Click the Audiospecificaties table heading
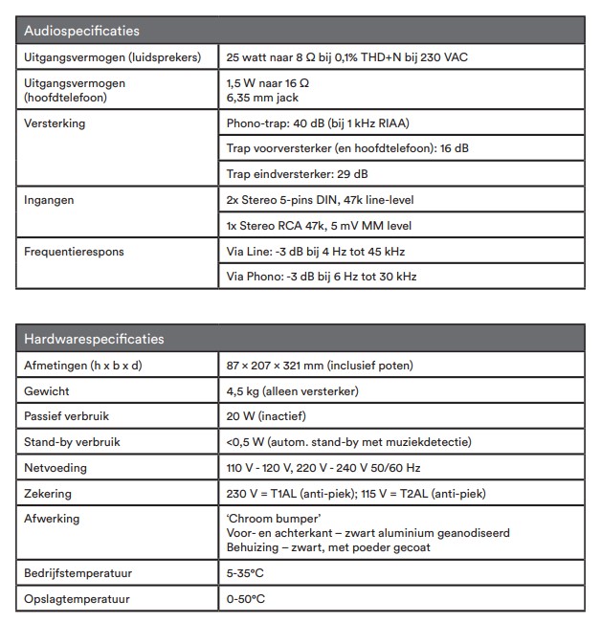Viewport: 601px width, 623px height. coord(81,32)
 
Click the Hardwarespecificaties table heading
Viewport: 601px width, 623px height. coord(94,339)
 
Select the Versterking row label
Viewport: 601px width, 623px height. coord(55,123)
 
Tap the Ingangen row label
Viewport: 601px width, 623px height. coord(49,200)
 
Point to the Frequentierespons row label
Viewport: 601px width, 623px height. coord(75,252)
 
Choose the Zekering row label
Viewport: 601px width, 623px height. coord(48,494)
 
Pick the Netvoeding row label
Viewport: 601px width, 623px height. coord(56,468)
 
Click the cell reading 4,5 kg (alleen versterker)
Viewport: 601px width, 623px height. coord(293,390)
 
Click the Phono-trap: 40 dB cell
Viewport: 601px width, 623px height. coord(319,123)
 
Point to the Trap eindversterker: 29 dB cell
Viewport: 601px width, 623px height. coord(297,174)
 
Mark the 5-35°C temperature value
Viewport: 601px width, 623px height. coord(246,573)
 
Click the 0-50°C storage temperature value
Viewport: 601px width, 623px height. coord(246,599)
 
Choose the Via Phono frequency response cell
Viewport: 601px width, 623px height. coord(322,277)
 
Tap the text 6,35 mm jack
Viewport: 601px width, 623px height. coord(262,98)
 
